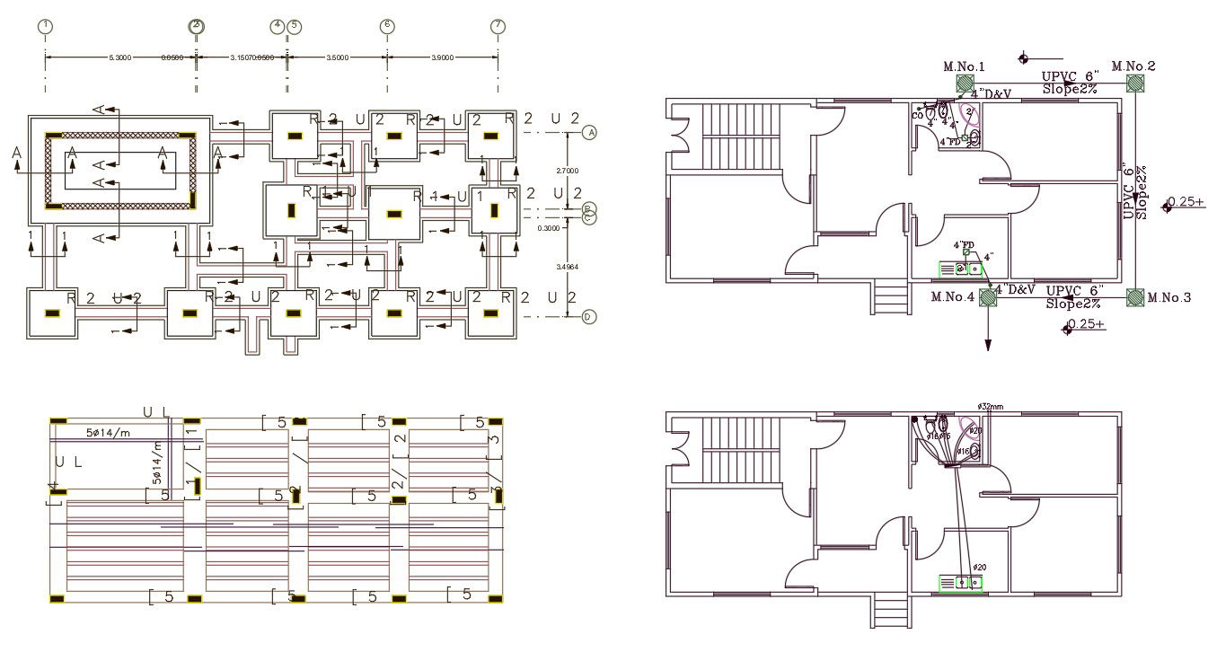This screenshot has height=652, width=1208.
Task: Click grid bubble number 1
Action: click(46, 26)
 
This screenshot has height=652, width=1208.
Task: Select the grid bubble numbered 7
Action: click(498, 26)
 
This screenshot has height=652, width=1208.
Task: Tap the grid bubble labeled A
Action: click(589, 133)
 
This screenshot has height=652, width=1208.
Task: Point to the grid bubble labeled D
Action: click(589, 316)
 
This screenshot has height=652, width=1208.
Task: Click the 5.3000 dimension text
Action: click(119, 57)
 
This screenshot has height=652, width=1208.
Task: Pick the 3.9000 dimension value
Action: click(442, 57)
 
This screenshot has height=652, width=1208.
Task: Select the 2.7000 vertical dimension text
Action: click(568, 171)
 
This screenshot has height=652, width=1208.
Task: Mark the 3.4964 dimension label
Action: click(568, 267)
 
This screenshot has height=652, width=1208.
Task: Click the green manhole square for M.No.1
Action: click(965, 84)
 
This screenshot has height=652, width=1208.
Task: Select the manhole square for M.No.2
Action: click(1136, 84)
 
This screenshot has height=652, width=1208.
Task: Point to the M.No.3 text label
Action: click(1169, 297)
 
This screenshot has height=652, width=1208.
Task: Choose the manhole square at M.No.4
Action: click(989, 297)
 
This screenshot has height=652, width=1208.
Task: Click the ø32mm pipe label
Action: click(990, 407)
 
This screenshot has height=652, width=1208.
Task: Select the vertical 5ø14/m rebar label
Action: click(156, 460)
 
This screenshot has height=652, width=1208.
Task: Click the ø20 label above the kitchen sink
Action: click(978, 567)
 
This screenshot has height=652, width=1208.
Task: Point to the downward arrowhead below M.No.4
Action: click(989, 345)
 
